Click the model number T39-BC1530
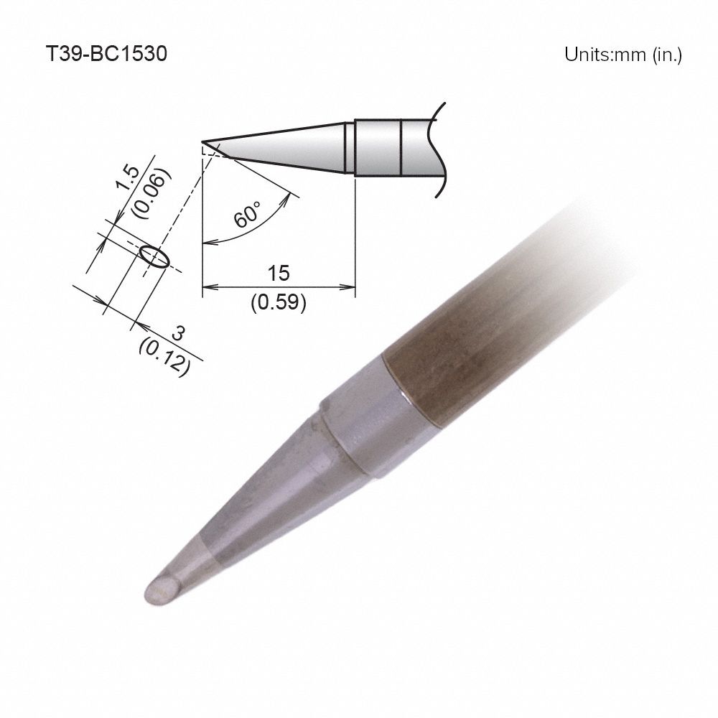click(106, 55)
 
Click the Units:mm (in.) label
click(622, 55)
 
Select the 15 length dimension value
click(279, 273)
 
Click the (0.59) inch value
click(279, 303)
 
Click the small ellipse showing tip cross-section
click(155, 256)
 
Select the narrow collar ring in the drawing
click(349, 147)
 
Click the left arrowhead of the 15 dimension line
click(208, 287)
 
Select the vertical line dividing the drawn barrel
click(400, 147)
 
